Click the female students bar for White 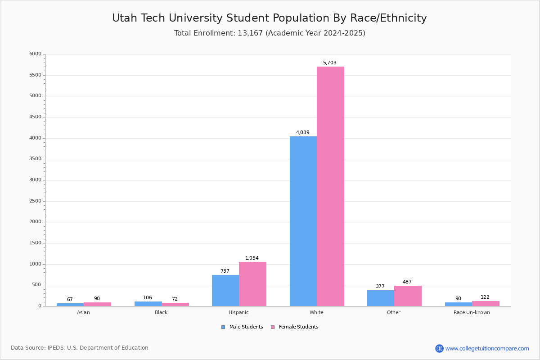pos(330,186)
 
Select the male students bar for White pos(303,221)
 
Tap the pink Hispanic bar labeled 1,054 pos(252,284)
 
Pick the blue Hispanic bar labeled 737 pos(225,290)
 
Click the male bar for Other pos(381,298)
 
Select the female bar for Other pos(408,296)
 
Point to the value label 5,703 pos(329,63)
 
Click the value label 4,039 pos(302,133)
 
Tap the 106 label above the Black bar pos(148,298)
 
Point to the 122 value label pos(485,297)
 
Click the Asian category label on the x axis pos(83,313)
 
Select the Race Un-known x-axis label pos(472,313)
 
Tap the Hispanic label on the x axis pos(238,313)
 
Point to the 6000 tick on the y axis pos(35,54)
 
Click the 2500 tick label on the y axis pos(35,201)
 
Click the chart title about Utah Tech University pos(269,18)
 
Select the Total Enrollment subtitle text pos(270,33)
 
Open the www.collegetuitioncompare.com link pos(487,348)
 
